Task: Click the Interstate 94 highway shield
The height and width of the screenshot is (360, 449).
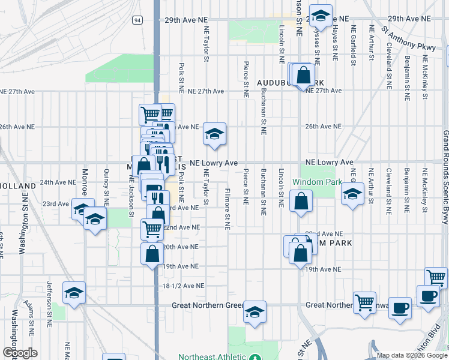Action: point(137,20)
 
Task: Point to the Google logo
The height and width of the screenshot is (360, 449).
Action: point(20,353)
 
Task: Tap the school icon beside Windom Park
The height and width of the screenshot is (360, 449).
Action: point(352,193)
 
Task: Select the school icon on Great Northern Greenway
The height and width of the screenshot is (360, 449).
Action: point(255,313)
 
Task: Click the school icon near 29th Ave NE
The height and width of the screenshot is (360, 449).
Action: point(321,16)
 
